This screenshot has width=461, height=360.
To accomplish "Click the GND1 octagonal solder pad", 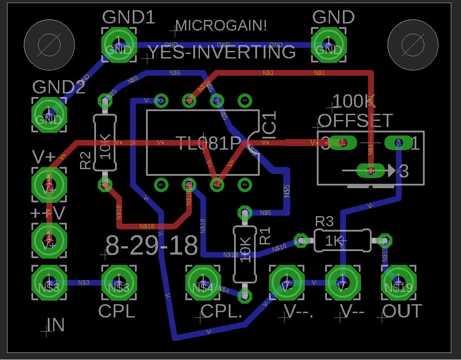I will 119,45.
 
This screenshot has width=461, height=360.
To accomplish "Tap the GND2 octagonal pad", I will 49,115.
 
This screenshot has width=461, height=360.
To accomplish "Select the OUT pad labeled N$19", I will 398,283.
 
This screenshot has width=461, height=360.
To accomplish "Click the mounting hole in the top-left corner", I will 49,45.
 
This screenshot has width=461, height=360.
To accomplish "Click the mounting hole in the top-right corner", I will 412,45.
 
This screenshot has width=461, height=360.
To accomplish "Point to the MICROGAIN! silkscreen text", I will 221,26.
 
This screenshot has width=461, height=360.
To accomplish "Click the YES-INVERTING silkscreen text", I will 221,52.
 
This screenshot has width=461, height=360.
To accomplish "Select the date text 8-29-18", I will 152,246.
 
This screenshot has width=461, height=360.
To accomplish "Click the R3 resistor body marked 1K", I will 342,240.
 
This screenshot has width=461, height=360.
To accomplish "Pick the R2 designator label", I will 85,160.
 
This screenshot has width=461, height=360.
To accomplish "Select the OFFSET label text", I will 355,120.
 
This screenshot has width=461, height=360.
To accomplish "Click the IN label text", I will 56,325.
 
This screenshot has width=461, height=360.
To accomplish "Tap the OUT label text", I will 402,311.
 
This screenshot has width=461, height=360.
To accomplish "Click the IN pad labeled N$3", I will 49,283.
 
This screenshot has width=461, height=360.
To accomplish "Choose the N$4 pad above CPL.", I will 203,283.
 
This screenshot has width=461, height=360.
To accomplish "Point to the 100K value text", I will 353,102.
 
